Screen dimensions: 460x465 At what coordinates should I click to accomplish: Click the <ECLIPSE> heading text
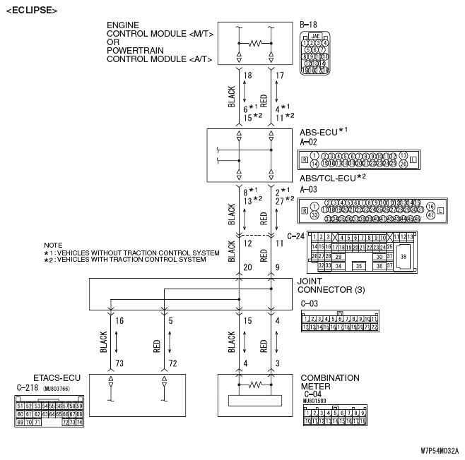click(x=31, y=10)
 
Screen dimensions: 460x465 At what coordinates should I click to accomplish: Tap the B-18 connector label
click(x=308, y=25)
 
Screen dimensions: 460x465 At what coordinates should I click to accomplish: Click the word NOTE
click(x=53, y=245)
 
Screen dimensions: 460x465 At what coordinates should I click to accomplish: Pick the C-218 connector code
click(x=27, y=387)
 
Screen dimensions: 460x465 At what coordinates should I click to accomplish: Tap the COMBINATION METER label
click(x=330, y=382)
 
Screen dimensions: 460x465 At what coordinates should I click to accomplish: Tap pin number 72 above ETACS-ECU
click(x=172, y=363)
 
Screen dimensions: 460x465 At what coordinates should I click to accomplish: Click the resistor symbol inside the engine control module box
click(x=255, y=44)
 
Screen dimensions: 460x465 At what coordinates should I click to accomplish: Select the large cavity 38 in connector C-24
click(x=404, y=258)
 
